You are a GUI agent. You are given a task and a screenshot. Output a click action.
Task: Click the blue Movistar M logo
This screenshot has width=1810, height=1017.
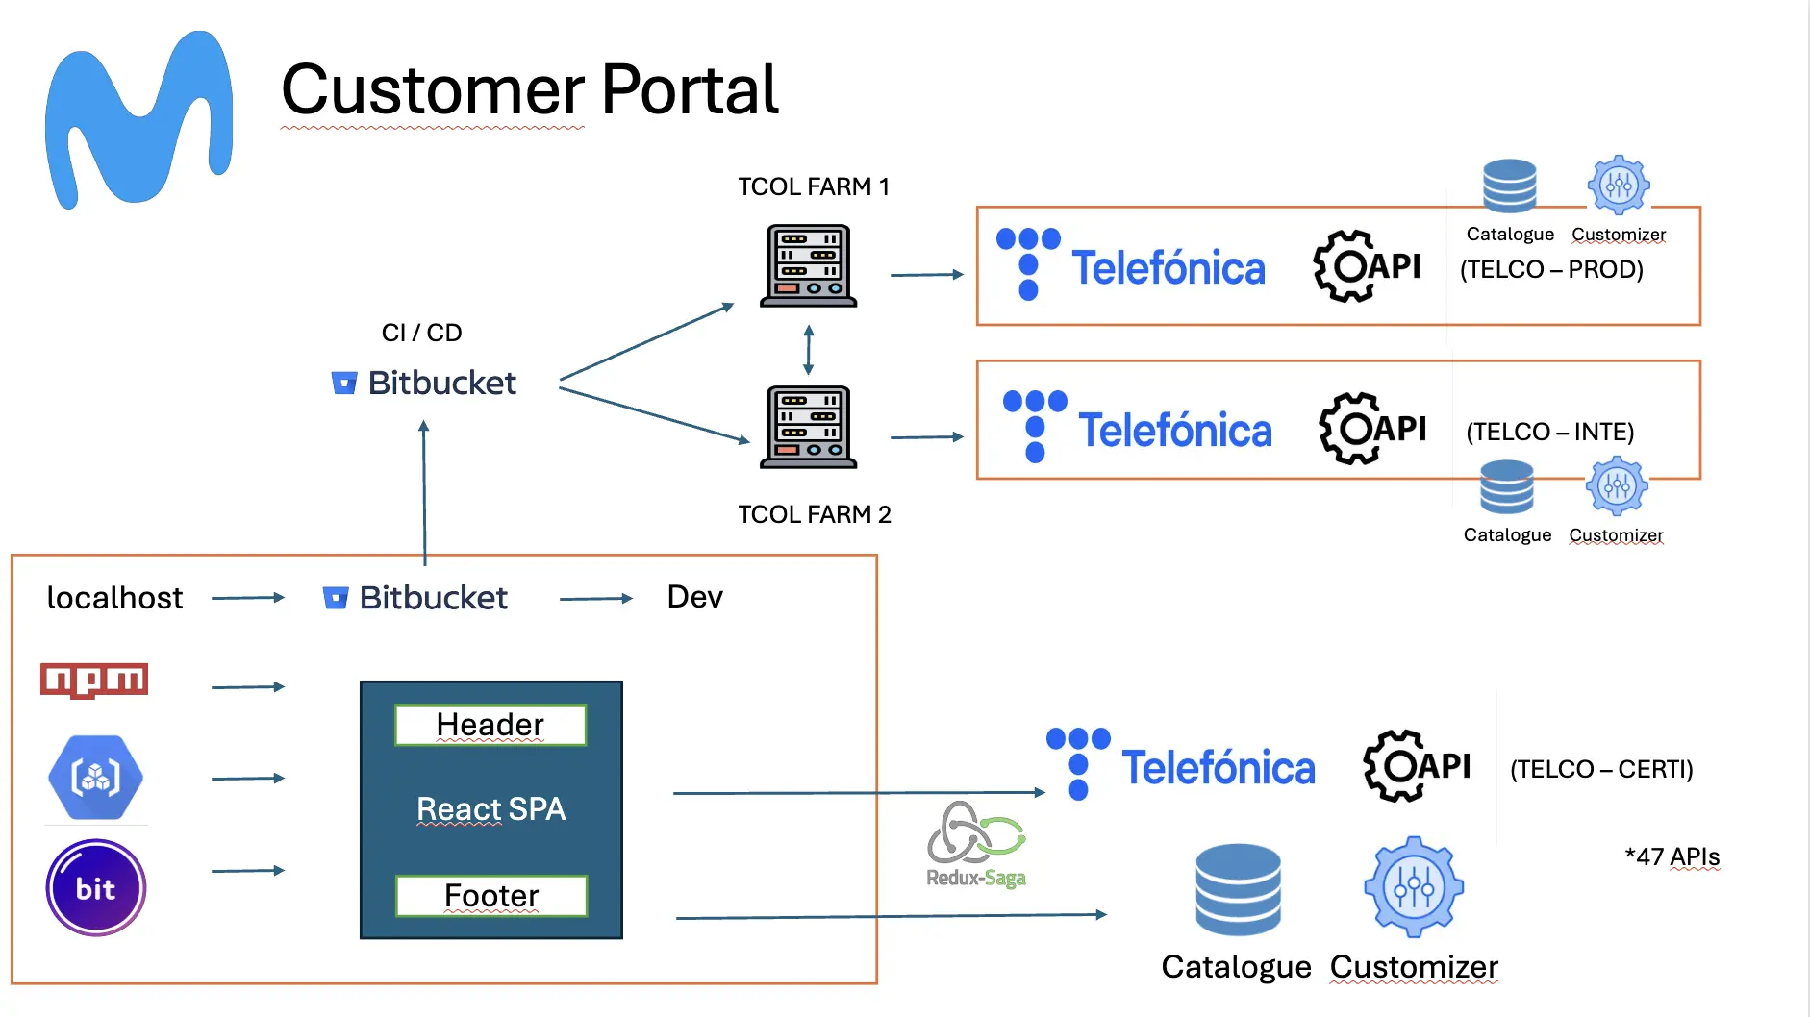138,119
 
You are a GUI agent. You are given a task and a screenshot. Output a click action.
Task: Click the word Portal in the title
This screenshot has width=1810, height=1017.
690,89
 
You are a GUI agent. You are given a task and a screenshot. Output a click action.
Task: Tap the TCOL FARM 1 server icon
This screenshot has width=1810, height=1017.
808,266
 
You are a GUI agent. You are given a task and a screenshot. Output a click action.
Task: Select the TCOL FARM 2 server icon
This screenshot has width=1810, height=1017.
808,428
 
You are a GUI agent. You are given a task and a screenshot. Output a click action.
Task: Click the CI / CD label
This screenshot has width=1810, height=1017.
421,333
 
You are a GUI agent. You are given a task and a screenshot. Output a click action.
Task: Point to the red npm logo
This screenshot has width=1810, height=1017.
94,681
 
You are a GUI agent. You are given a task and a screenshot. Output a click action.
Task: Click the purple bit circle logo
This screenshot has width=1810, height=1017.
96,888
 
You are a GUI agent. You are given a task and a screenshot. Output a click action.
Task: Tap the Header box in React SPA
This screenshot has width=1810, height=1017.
490,725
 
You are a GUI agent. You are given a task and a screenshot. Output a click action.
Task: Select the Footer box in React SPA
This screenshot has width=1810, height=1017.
491,896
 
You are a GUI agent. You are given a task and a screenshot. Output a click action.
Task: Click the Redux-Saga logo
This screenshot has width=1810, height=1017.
976,845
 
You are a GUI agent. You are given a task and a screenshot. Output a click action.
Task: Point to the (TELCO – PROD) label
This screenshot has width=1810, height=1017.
1551,269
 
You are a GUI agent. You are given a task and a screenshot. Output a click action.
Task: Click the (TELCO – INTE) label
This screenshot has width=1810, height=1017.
1549,432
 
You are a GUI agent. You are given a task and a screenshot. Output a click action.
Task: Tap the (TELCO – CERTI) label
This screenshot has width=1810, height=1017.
1601,769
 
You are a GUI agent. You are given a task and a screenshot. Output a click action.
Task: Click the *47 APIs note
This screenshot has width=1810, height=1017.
1672,856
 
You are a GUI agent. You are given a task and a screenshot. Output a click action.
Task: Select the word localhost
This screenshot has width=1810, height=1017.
114,598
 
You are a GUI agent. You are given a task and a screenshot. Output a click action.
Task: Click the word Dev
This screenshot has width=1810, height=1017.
694,597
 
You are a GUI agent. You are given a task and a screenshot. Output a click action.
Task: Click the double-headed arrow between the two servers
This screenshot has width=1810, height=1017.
809,349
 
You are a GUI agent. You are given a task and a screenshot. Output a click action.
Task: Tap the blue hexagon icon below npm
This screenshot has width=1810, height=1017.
95,778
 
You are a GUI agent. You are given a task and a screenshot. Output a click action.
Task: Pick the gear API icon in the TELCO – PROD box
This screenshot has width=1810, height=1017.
1367,266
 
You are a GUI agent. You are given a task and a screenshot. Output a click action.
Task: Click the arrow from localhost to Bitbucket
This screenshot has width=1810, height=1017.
248,598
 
